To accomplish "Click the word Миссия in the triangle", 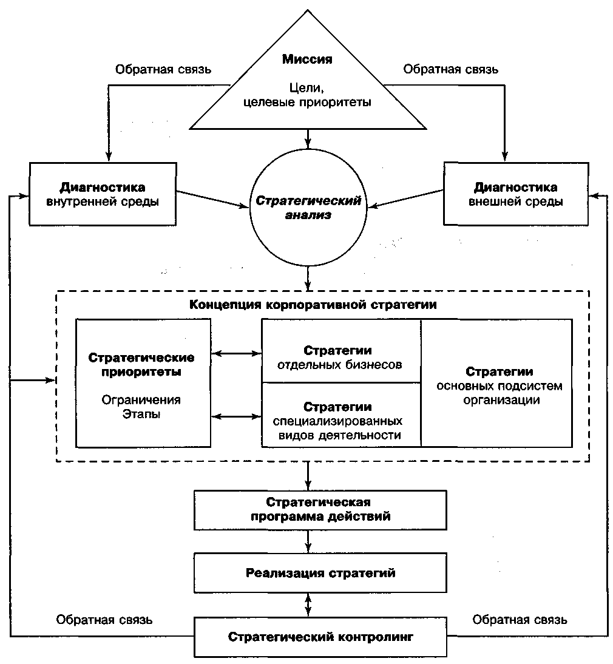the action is point(307,59).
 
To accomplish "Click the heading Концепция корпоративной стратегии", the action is point(313,305).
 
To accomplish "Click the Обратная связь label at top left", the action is point(163,69).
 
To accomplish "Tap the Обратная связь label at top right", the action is point(450,69).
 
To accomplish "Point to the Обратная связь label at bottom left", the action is point(104,620).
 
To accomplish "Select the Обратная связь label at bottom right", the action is point(520,620).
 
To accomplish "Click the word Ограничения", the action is point(141,400).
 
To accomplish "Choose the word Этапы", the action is point(141,414).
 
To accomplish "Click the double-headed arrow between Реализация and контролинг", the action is point(308,605).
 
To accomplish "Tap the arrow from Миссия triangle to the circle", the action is point(308,138).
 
